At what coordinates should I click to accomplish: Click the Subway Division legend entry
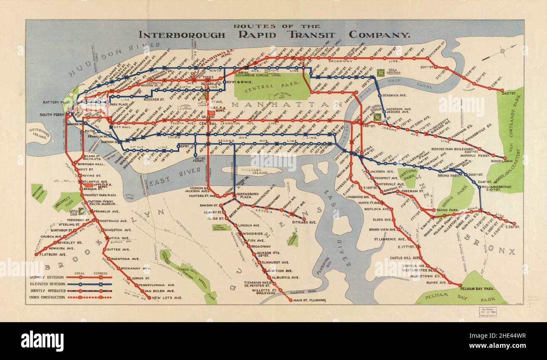pos(46,277)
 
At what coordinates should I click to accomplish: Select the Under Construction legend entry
pos(47,297)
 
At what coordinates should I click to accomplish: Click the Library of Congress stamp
pos(487,312)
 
